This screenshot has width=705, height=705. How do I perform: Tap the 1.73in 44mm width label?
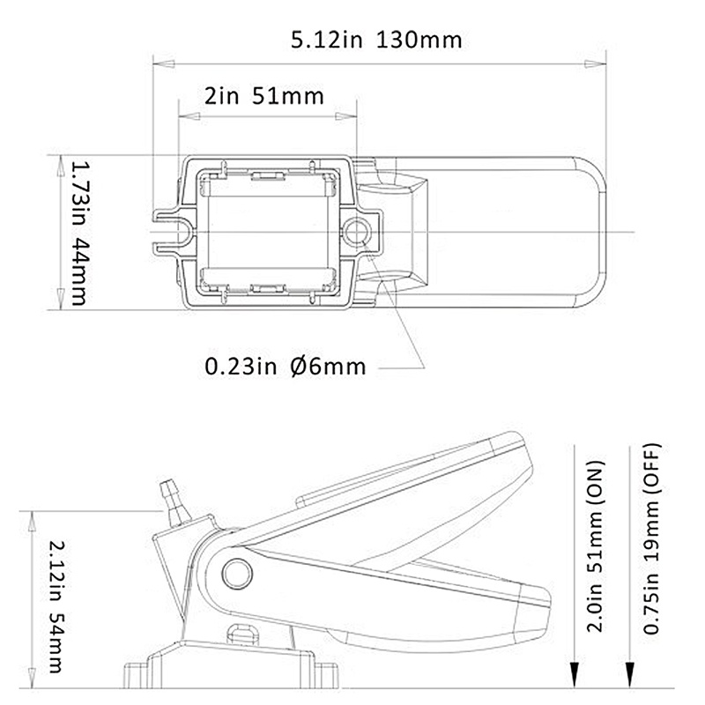77,232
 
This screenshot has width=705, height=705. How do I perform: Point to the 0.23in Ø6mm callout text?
284,365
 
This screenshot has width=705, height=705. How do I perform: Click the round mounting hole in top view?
358,232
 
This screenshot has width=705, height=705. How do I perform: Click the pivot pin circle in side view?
234,573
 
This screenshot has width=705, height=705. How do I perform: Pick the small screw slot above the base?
241,634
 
